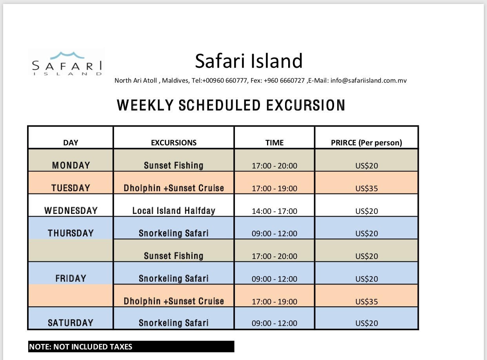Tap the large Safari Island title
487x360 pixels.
point(249,61)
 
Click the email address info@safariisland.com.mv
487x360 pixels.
point(369,81)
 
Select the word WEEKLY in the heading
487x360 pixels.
point(145,105)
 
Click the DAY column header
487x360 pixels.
point(71,143)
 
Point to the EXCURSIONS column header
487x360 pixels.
point(174,143)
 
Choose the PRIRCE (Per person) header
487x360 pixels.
point(367,143)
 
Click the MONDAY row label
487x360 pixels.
point(71,165)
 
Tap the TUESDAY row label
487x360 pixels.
point(71,188)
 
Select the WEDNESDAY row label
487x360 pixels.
point(71,211)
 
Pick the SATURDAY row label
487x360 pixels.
point(71,323)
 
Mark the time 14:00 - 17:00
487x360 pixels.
point(274,211)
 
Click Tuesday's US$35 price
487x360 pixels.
point(367,188)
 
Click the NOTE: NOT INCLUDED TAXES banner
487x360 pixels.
point(131,347)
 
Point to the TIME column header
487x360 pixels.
point(274,143)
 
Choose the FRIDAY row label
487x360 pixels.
point(71,279)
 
